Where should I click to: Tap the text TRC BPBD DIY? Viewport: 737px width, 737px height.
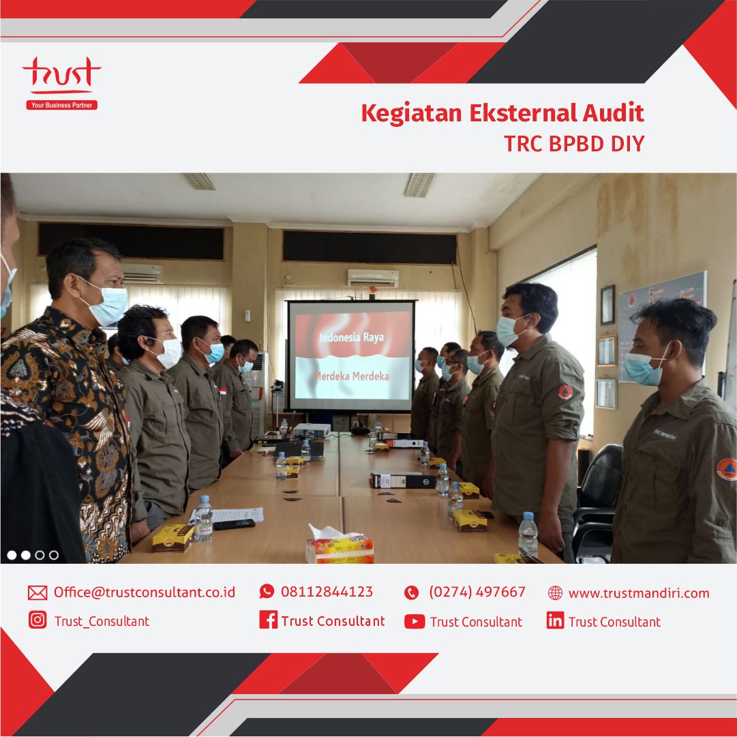[573, 144]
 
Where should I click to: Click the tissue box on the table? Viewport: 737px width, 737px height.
[340, 547]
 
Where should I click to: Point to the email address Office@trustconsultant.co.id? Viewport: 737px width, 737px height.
[144, 592]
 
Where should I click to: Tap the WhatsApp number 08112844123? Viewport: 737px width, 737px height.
[327, 592]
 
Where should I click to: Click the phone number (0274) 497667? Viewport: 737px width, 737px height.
[477, 592]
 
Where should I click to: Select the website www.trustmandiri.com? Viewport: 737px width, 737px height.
[638, 593]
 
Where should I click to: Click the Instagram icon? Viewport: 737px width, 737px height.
[37, 620]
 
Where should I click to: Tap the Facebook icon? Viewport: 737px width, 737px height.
[268, 620]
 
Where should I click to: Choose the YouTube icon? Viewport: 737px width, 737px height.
[414, 621]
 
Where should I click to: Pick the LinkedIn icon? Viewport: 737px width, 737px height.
[555, 620]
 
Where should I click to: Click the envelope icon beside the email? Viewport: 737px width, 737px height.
[37, 592]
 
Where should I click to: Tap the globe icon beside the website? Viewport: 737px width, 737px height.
[555, 593]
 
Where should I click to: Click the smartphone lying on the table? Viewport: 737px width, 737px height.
[234, 524]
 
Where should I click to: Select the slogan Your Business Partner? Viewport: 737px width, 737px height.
[61, 105]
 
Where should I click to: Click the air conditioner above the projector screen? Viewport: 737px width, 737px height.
[372, 277]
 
